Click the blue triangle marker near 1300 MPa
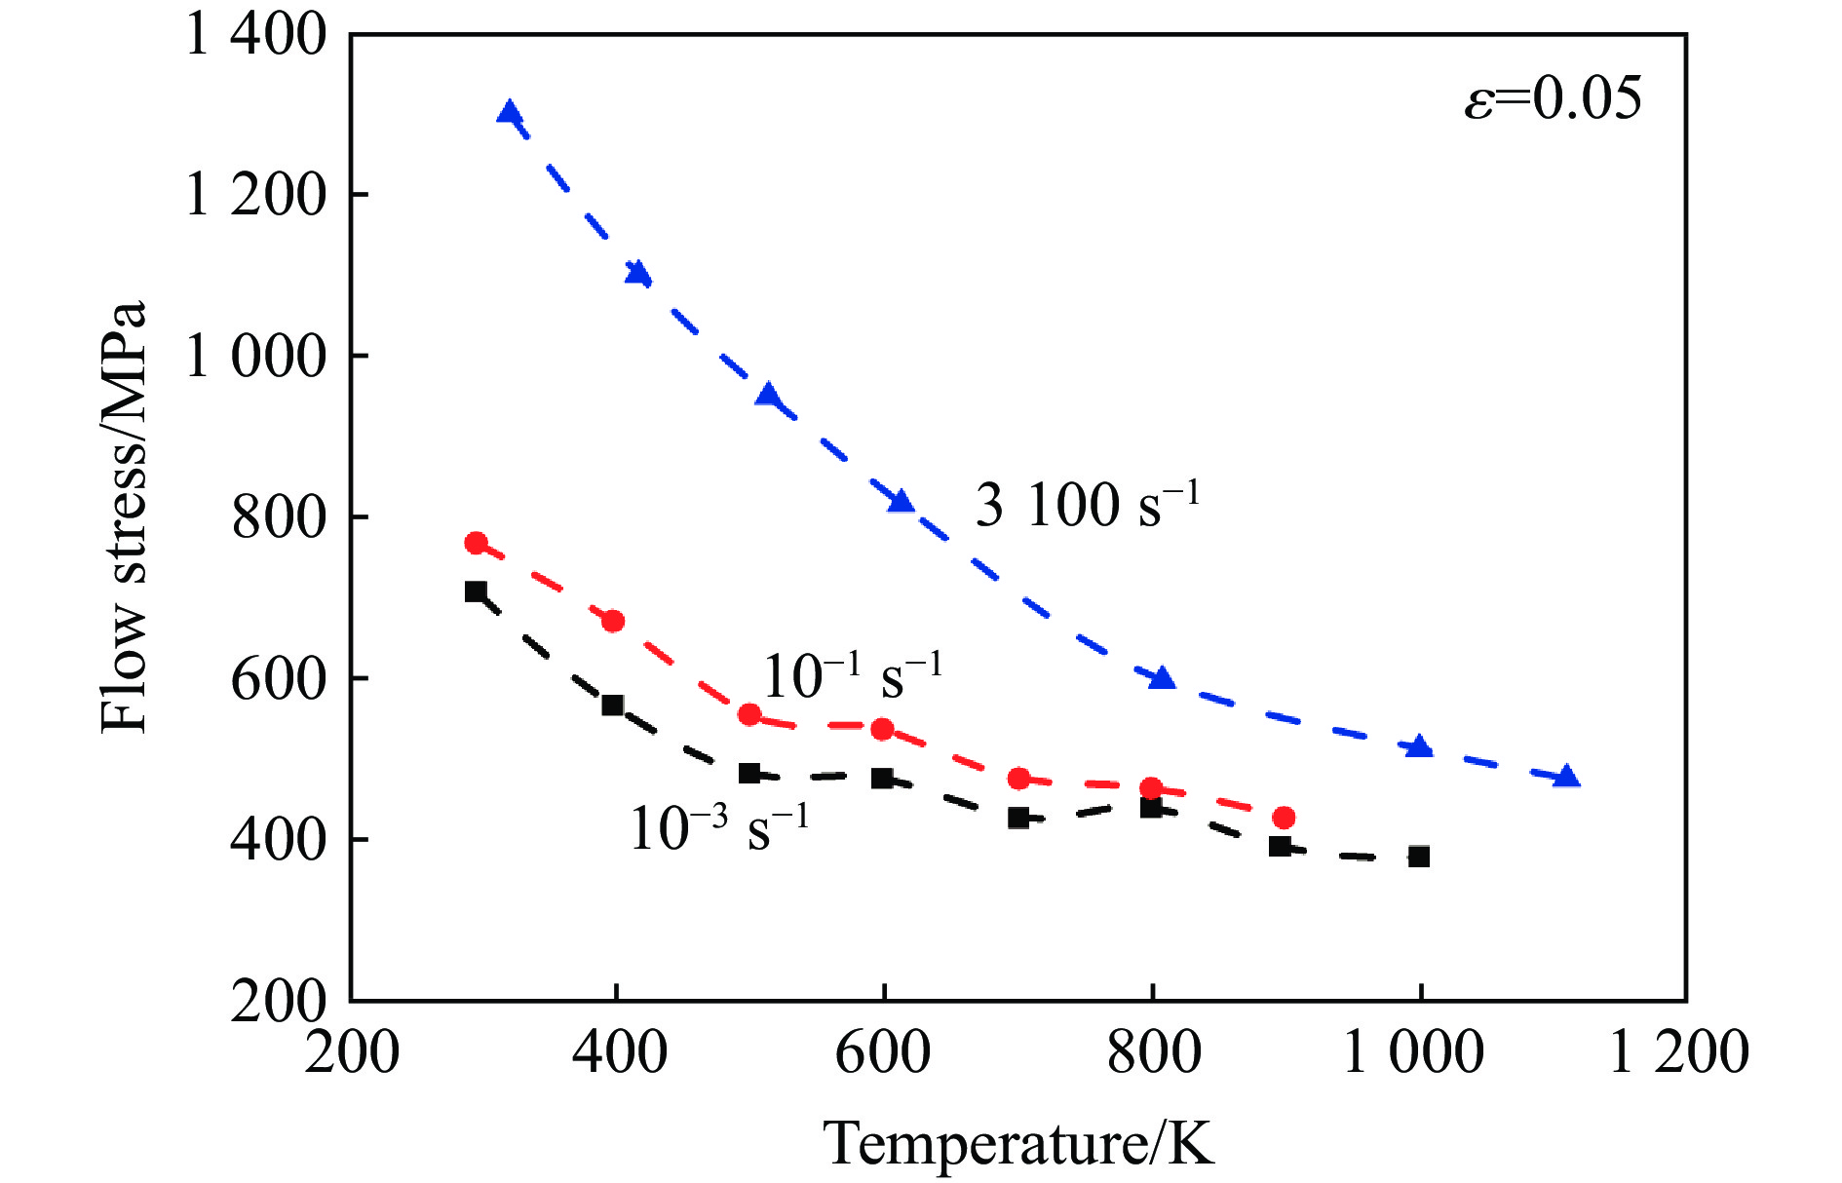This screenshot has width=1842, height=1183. [x=509, y=113]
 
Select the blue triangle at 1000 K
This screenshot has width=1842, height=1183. [x=1419, y=747]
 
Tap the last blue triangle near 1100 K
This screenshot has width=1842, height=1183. [x=1566, y=777]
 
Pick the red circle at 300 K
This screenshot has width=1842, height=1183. [x=476, y=543]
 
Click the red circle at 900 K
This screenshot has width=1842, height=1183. [x=1284, y=817]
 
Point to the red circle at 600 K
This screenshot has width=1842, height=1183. [x=882, y=729]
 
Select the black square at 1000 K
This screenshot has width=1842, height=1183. [x=1419, y=857]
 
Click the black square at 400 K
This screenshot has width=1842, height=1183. [x=612, y=705]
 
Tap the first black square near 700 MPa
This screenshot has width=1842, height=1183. [x=476, y=591]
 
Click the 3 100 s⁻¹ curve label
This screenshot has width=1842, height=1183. [x=1087, y=505]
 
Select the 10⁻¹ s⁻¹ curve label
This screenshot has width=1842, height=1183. [x=852, y=675]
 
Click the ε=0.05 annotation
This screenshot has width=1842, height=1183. [x=1553, y=98]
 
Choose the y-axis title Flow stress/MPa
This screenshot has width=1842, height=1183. [x=125, y=516]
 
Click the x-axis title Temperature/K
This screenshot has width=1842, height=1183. [x=1018, y=1142]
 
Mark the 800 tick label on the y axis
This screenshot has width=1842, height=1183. [x=278, y=516]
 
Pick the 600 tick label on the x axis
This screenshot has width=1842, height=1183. [x=883, y=1052]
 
